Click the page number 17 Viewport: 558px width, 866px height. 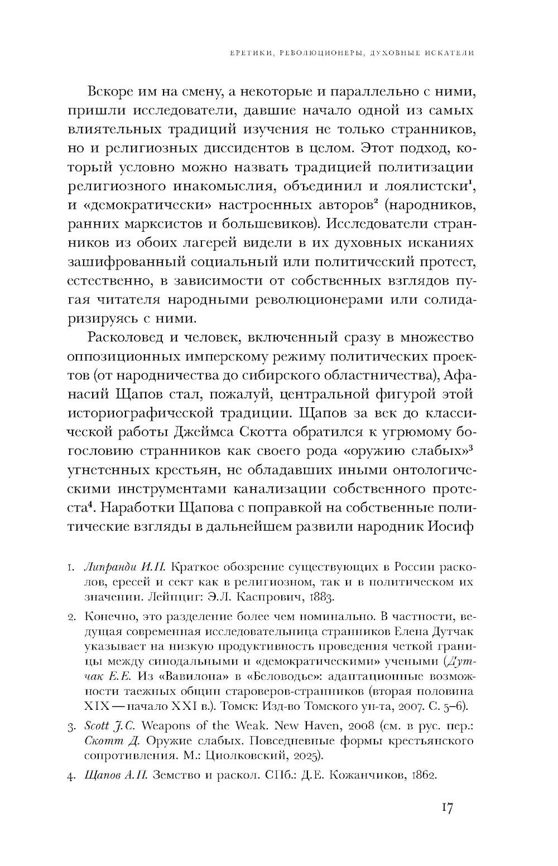tap(446, 807)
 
